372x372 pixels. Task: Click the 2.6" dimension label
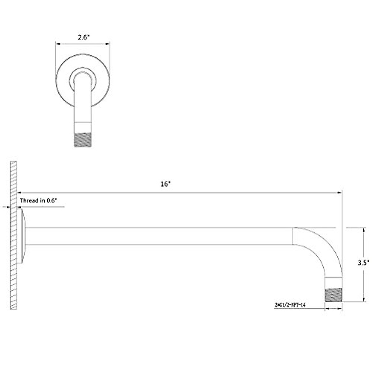[83, 37]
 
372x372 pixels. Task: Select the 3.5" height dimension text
[363, 263]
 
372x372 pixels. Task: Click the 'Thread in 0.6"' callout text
[39, 201]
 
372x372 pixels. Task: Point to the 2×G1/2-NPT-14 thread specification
[290, 305]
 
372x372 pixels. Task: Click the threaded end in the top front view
[83, 139]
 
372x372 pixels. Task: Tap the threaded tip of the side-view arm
[333, 294]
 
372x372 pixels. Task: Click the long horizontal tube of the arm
[155, 236]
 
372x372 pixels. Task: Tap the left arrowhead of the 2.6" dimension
[57, 44]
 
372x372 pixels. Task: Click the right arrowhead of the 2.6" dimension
[108, 44]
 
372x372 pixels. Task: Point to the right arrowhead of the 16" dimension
[339, 193]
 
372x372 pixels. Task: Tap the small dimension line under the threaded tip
[333, 308]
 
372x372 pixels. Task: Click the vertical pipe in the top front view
[83, 105]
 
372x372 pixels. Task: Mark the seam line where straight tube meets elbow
[292, 236]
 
